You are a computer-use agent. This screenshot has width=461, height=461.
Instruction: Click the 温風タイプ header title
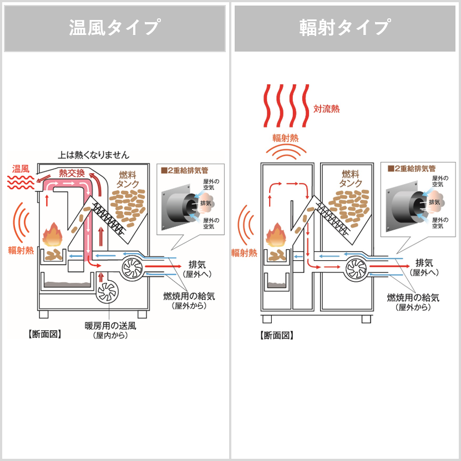[x=115, y=28]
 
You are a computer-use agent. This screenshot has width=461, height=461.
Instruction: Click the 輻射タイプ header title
[x=345, y=28]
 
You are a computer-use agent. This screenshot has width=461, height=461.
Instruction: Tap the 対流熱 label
[x=326, y=109]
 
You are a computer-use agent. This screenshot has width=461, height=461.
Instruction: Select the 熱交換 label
[x=72, y=173]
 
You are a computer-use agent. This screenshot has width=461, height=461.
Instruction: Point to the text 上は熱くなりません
[x=93, y=155]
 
